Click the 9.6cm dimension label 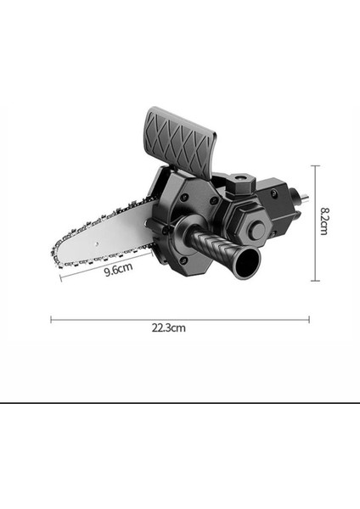[x=119, y=269]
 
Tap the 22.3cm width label [x=169, y=327]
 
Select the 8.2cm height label [x=324, y=221]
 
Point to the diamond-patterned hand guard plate [x=179, y=143]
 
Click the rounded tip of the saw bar [x=55, y=253]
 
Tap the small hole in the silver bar [x=98, y=243]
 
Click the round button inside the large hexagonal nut [x=258, y=230]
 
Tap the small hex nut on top [x=242, y=184]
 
